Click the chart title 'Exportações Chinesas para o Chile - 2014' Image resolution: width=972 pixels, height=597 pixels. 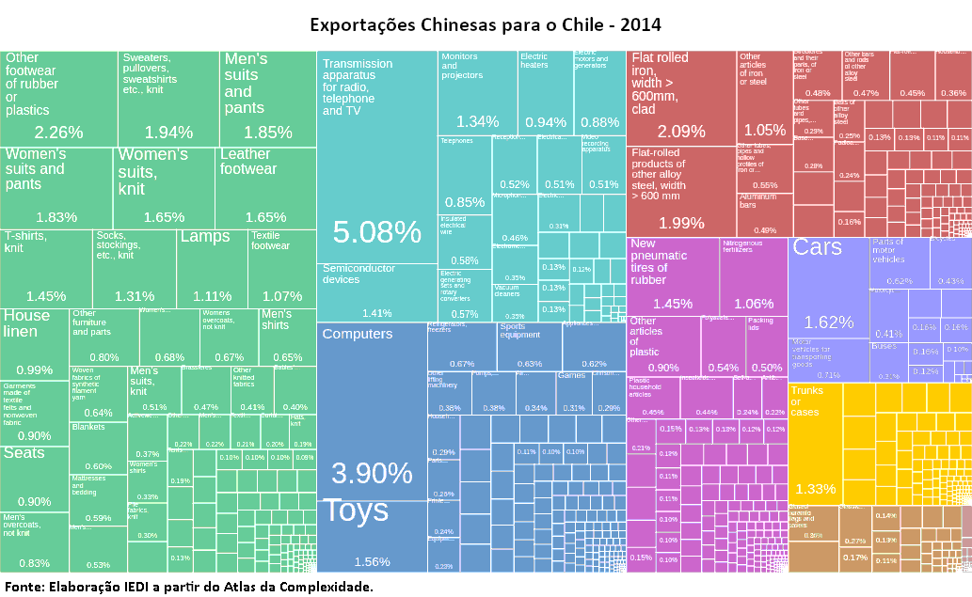pos(486,24)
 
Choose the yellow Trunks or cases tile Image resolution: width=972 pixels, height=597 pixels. pos(815,442)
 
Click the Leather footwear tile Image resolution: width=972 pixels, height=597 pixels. pos(265,188)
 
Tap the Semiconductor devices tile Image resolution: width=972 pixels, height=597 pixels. pos(376,291)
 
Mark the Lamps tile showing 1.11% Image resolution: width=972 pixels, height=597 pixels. pos(212,268)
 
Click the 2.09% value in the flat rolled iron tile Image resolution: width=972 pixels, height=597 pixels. pos(681,132)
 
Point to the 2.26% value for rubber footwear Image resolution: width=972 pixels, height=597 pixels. pos(58,132)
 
